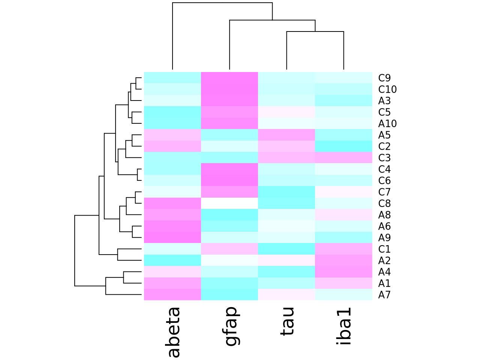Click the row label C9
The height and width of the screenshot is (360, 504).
click(384, 78)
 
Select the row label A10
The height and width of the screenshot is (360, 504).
click(387, 124)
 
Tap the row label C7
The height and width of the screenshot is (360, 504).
click(384, 192)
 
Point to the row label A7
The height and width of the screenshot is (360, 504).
click(384, 295)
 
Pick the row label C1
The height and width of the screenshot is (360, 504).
click(384, 249)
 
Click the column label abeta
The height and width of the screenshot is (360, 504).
click(173, 332)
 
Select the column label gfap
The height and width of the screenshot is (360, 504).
click(230, 326)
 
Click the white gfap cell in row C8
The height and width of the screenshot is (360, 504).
click(229, 203)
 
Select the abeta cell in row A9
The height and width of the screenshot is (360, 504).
click(172, 237)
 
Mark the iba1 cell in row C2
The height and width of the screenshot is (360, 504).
click(343, 146)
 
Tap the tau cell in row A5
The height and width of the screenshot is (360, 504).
click(286, 135)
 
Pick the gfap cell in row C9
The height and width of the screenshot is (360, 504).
click(229, 78)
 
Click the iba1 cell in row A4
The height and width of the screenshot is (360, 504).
click(343, 271)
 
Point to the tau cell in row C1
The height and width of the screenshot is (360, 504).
click(286, 249)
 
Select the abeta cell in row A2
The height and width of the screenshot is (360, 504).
click(172, 260)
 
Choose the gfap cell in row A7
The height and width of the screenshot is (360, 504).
click(229, 294)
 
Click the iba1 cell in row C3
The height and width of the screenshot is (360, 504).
click(343, 157)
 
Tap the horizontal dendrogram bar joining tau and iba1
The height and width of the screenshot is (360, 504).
click(315, 32)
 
